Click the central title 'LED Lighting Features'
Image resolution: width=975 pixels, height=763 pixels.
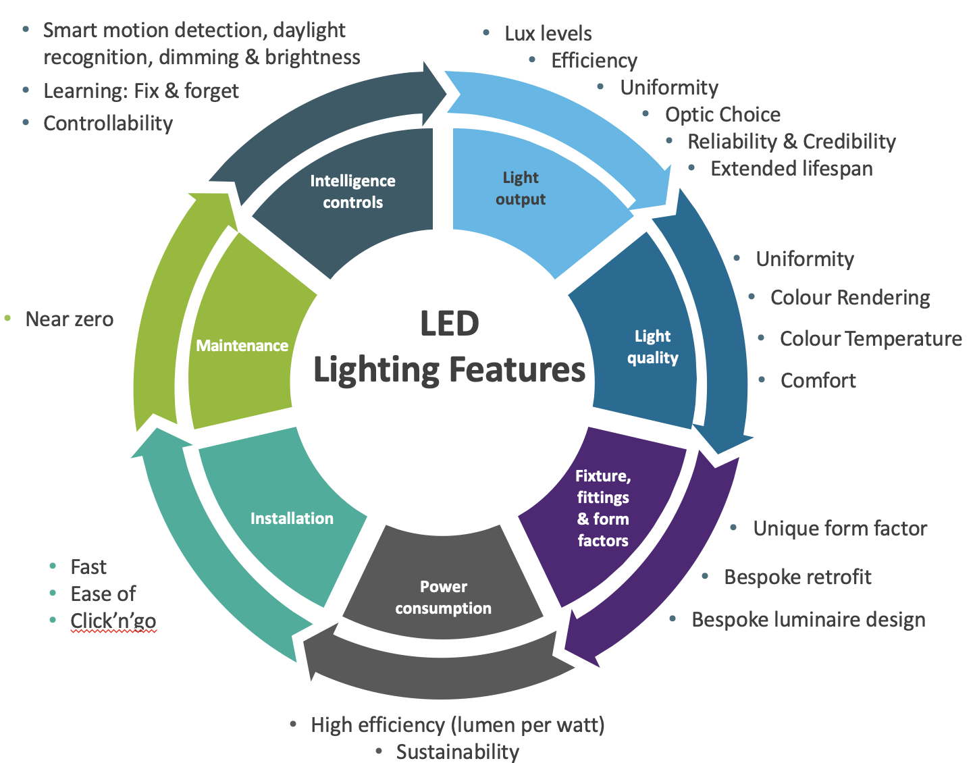pos(449,348)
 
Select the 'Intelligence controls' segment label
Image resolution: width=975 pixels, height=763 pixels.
pos(352,192)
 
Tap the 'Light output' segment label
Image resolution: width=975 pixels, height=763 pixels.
pos(521,188)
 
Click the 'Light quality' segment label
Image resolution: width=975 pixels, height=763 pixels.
pos(652,347)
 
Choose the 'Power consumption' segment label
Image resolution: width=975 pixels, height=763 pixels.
pos(443,598)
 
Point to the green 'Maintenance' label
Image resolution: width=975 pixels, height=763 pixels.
pos(242,346)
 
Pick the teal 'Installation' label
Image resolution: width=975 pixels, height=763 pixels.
pos(292,519)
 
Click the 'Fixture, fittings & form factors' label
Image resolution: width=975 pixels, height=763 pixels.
pos(602,508)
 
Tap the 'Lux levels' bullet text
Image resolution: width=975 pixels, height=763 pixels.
pos(548,34)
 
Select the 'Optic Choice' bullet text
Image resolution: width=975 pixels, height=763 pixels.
pos(722,115)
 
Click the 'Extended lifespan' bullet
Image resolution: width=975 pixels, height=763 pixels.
pos(791,169)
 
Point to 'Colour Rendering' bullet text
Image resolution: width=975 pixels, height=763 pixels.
pos(850,298)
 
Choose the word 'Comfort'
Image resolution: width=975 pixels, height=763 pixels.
pos(818,381)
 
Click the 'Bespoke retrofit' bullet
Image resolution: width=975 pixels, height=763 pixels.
pos(797,577)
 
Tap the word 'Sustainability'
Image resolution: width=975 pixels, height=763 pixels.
pos(457,752)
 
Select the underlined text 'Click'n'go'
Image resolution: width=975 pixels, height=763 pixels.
pos(113,621)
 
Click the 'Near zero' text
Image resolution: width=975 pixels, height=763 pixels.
pos(70,319)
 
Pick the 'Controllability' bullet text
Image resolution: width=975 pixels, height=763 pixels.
pos(108,124)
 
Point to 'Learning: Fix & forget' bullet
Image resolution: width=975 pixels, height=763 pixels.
pos(141,91)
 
